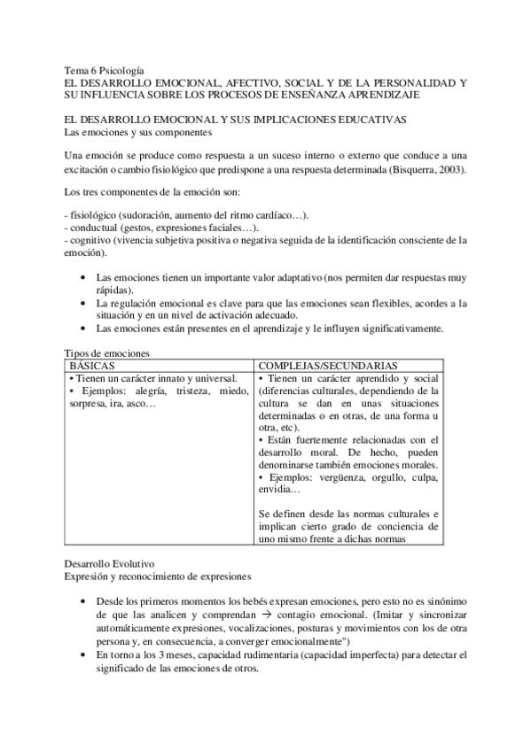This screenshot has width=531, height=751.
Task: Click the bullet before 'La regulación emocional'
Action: click(83, 304)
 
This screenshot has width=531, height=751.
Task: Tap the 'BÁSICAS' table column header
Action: click(93, 365)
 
